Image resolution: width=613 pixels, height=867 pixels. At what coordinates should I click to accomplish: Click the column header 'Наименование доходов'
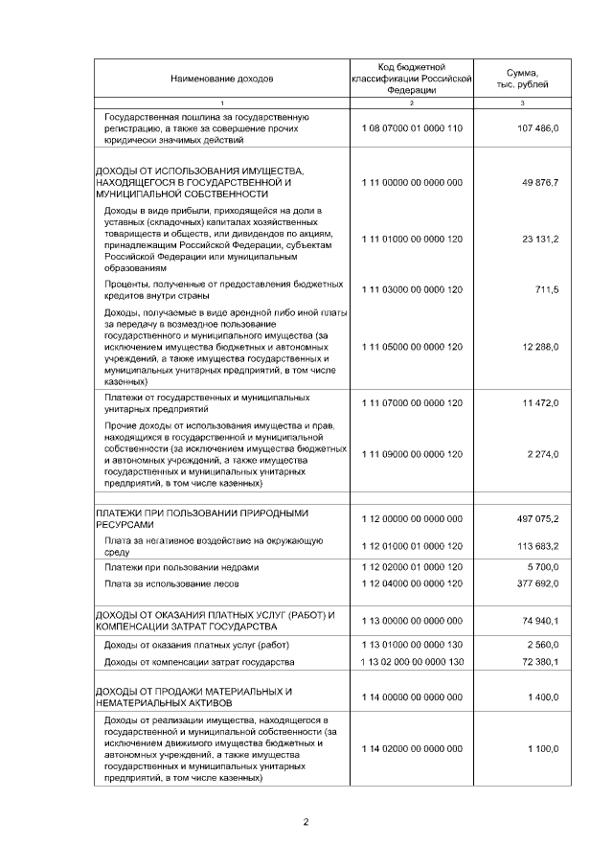click(x=222, y=77)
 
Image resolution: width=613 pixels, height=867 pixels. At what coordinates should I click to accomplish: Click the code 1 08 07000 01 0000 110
click(x=412, y=127)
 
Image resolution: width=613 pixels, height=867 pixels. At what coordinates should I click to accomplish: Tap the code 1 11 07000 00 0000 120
click(x=412, y=403)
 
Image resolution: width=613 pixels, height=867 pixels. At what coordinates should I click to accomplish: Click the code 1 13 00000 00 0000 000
click(x=412, y=621)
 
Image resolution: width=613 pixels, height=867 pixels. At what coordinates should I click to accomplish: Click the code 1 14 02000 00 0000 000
click(x=412, y=748)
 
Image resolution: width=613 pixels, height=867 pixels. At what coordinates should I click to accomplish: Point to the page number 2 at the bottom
click(x=306, y=821)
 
